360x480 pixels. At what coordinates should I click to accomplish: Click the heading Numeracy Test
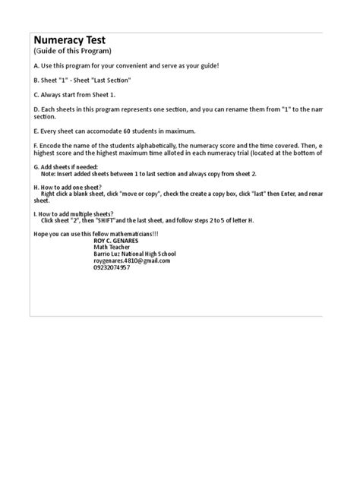pyautogui.click(x=68, y=40)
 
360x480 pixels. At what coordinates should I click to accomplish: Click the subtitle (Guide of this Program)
pyautogui.click(x=72, y=52)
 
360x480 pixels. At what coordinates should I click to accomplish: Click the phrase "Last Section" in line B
pyautogui.click(x=111, y=80)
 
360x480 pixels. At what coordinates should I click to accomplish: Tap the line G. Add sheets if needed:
pyautogui.click(x=65, y=166)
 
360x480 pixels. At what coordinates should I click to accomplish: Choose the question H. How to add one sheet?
pyautogui.click(x=68, y=187)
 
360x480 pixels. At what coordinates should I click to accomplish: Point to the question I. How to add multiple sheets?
pyautogui.click(x=73, y=215)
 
